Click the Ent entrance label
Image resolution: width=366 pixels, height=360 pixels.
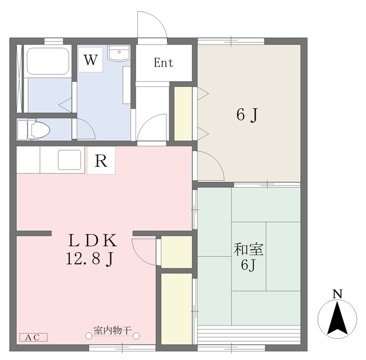click(164, 62)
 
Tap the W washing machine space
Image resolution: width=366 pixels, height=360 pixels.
click(90, 60)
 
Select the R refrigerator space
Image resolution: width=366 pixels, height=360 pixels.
click(101, 160)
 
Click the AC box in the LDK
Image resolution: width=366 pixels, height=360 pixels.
click(33, 337)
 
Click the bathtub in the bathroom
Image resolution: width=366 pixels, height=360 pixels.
click(48, 61)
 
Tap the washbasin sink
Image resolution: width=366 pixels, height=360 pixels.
click(119, 53)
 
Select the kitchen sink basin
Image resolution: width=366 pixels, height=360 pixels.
click(70, 160)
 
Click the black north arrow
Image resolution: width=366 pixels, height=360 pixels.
click(337, 318)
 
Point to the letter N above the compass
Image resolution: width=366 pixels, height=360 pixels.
click(337, 294)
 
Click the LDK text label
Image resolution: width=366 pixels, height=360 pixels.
click(93, 240)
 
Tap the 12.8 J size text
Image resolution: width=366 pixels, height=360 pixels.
click(90, 259)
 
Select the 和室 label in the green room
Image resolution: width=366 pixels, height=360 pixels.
click(249, 250)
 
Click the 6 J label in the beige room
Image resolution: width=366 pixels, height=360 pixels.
click(248, 115)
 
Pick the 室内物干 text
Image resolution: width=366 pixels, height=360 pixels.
click(113, 330)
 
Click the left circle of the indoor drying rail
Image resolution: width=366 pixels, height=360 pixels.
click(89, 336)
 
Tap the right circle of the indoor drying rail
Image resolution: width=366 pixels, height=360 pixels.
click(136, 336)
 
